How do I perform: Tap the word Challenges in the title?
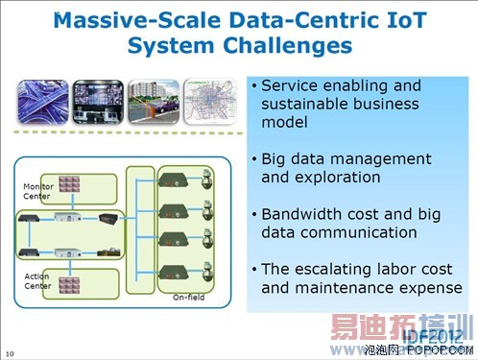pos(289,45)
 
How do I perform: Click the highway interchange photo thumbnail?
pos(42,100)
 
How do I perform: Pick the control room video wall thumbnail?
pos(98,100)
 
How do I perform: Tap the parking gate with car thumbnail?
pos(154,100)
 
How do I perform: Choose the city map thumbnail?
pos(209,100)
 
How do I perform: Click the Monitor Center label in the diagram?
pos(37,189)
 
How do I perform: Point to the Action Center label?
pos(36,280)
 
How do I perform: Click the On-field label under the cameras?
pos(188,298)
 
